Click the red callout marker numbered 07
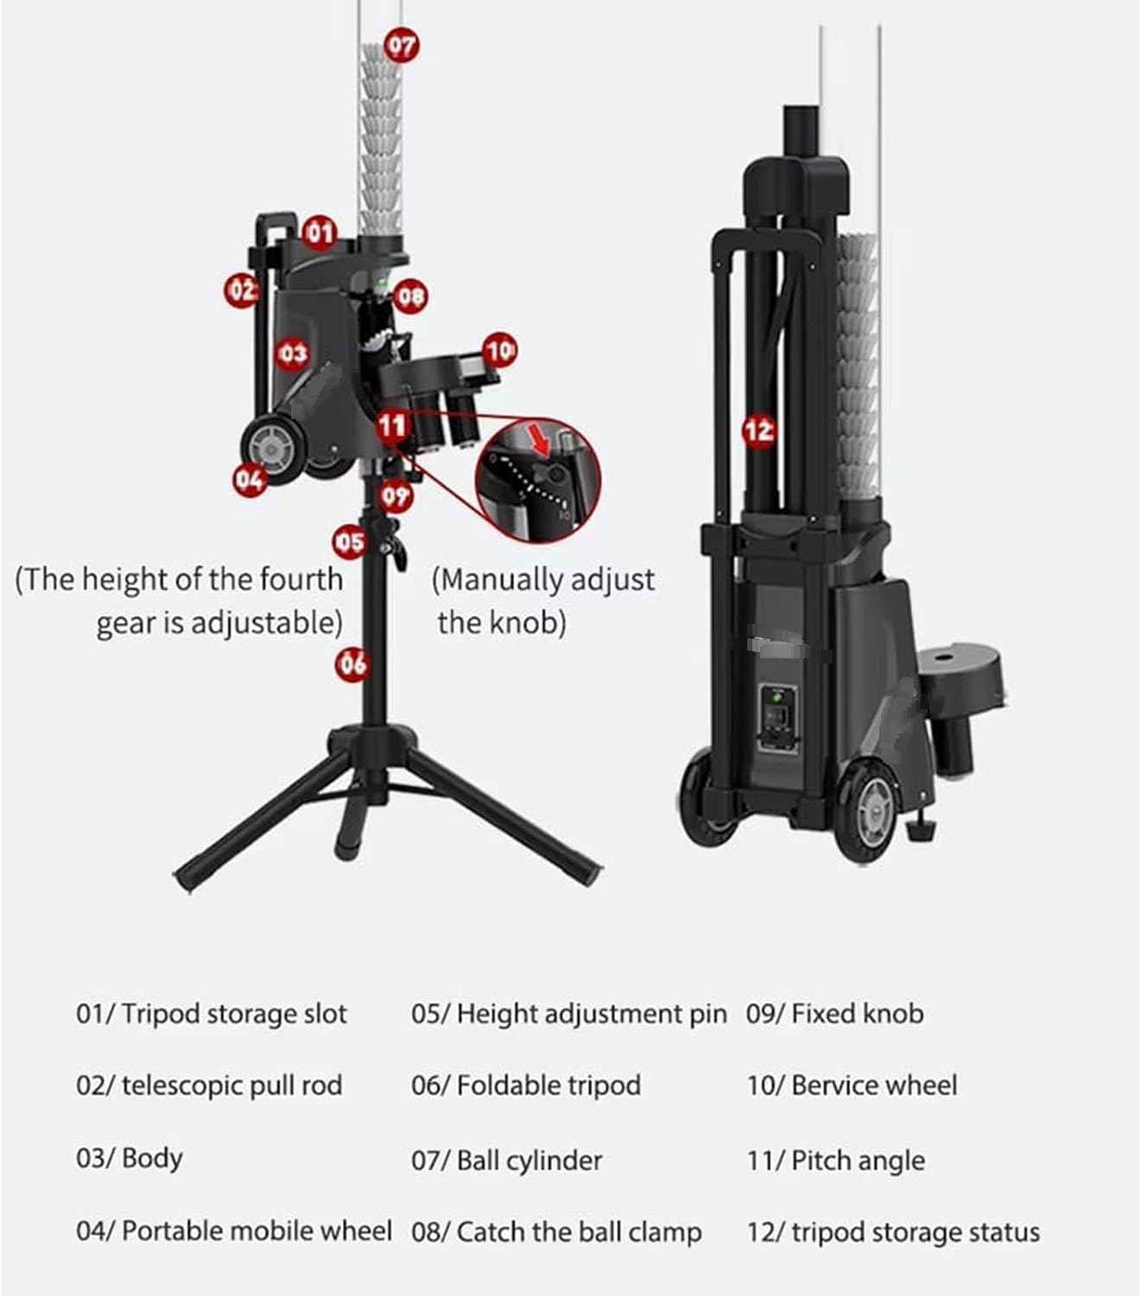402,46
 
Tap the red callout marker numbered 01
320,232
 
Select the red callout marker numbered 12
759,430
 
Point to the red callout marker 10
499,351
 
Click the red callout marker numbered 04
251,480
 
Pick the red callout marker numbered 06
352,664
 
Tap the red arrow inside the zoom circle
541,442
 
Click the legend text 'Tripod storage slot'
234,1014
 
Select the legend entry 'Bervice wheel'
874,1085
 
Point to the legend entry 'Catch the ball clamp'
579,1231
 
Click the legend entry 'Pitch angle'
859,1159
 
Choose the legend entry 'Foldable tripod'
549,1085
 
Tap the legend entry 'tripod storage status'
917,1232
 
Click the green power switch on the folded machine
777,700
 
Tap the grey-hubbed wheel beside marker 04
273,448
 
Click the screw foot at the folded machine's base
921,829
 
